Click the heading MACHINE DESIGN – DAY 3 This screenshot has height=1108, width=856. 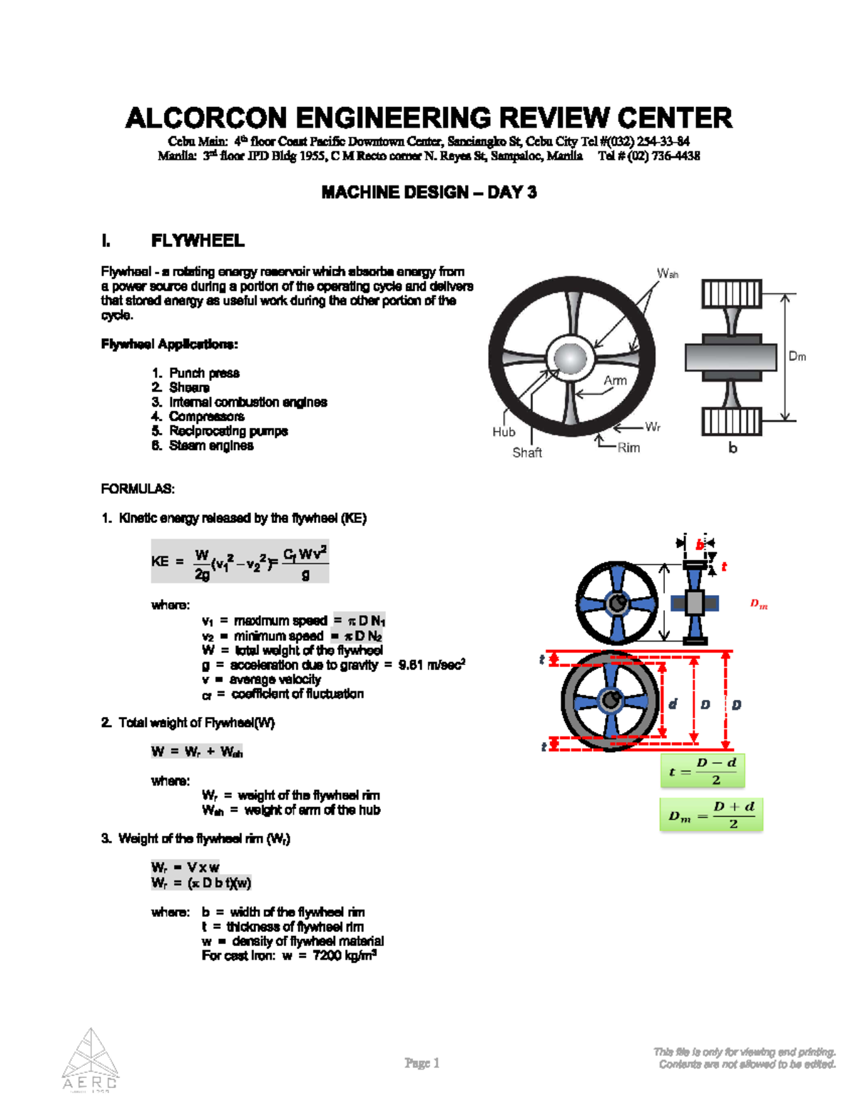(x=428, y=192)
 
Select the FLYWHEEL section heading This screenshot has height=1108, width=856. (x=198, y=240)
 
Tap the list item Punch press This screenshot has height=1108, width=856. (x=204, y=373)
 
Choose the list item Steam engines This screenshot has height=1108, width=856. (x=211, y=446)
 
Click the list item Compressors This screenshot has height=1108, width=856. (x=206, y=417)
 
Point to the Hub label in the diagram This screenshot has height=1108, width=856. (x=504, y=432)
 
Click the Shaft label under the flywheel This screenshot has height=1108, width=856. (x=527, y=452)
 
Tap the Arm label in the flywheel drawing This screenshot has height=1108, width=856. (x=615, y=380)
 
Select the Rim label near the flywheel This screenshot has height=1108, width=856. (x=628, y=447)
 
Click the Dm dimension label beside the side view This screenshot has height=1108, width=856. (x=797, y=356)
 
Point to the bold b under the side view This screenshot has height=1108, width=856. (x=733, y=448)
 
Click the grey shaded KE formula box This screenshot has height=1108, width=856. (x=239, y=561)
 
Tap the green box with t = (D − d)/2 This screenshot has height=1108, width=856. (x=703, y=771)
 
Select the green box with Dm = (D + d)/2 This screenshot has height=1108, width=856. (x=711, y=815)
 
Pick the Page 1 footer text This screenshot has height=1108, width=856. (x=422, y=1063)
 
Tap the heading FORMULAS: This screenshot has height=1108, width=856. (x=138, y=489)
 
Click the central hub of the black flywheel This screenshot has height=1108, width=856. (x=571, y=357)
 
